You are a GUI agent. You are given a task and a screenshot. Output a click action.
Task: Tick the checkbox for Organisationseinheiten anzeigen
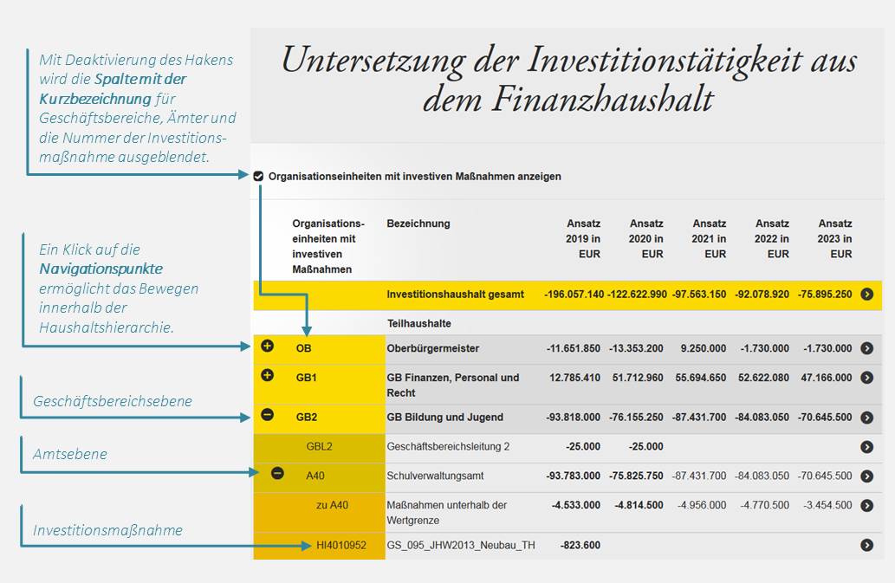pyautogui.click(x=259, y=177)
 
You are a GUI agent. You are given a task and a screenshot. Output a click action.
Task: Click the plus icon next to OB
pyautogui.click(x=267, y=347)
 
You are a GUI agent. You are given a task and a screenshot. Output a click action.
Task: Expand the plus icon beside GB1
pyautogui.click(x=267, y=376)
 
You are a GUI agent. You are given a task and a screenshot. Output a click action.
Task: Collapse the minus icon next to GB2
pyautogui.click(x=267, y=415)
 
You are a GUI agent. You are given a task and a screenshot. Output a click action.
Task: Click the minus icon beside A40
pyautogui.click(x=277, y=474)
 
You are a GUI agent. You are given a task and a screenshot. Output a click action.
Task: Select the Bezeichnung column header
pyautogui.click(x=418, y=223)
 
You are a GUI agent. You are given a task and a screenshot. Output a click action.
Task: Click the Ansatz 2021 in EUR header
pyautogui.click(x=709, y=239)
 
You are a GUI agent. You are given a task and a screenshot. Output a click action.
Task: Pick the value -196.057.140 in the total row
pyautogui.click(x=574, y=295)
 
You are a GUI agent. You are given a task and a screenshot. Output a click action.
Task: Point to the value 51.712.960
pyautogui.click(x=635, y=378)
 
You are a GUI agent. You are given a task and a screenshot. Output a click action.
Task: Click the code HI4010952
pyautogui.click(x=341, y=546)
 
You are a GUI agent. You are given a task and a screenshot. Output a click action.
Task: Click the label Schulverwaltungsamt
pyautogui.click(x=435, y=476)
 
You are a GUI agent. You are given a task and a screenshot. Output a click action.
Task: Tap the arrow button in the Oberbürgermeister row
pyautogui.click(x=867, y=348)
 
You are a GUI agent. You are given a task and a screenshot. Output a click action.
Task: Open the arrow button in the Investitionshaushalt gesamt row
pyautogui.click(x=867, y=295)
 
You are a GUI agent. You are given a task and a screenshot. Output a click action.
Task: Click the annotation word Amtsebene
pyautogui.click(x=70, y=454)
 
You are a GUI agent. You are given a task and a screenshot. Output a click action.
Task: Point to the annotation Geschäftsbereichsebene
pyautogui.click(x=113, y=401)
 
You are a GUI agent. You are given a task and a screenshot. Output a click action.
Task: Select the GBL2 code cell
pyautogui.click(x=320, y=447)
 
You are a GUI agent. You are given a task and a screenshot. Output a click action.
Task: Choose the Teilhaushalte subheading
pyautogui.click(x=419, y=323)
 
